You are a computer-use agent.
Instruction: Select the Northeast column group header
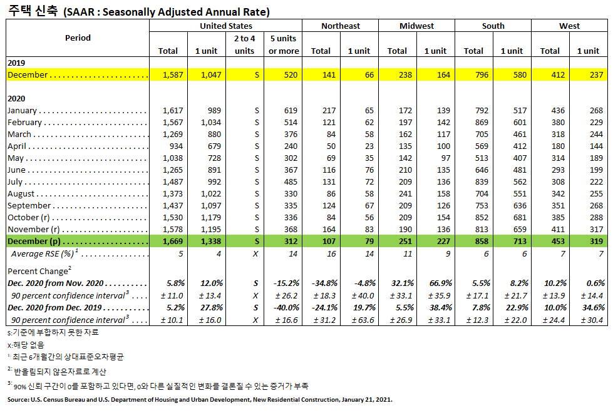[x=341, y=26]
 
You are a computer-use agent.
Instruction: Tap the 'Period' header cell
[x=78, y=38]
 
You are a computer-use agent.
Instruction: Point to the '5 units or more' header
[x=284, y=44]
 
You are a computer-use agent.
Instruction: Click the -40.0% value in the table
[x=287, y=308]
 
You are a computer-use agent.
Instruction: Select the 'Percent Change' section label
[x=36, y=272]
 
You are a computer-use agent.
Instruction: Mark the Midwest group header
[x=416, y=26]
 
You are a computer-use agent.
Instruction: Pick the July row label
[x=15, y=182]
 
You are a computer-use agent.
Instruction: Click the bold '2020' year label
[x=16, y=99]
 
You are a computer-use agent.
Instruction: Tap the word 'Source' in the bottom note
[x=19, y=399]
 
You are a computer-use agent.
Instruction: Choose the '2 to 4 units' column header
[x=245, y=44]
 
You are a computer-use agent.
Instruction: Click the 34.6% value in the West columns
[x=593, y=308]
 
